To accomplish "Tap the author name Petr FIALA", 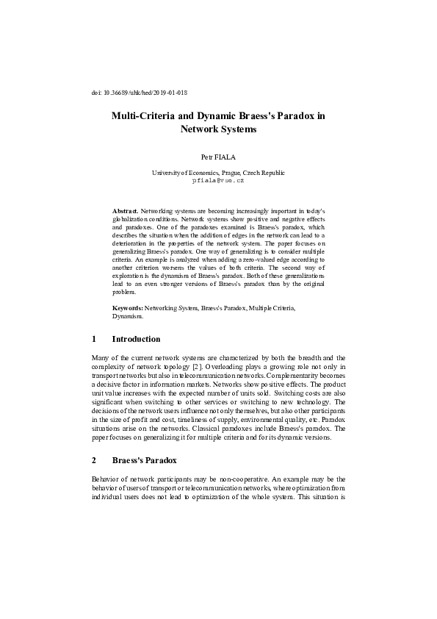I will (x=218, y=157).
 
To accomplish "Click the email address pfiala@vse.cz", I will (x=218, y=179).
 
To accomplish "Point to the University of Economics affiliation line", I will (x=218, y=172).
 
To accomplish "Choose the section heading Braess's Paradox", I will (x=145, y=461).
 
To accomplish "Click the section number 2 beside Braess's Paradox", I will (x=94, y=461).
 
